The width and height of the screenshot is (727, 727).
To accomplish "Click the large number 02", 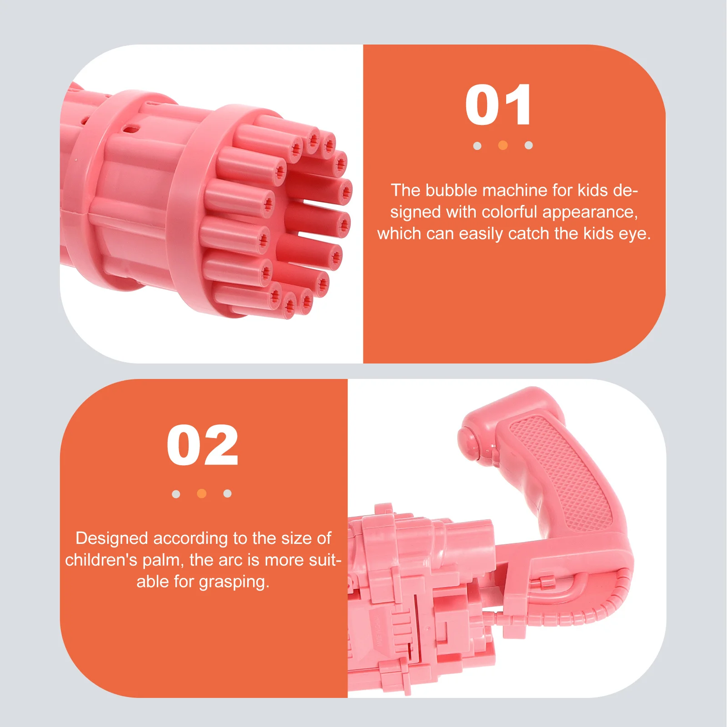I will tap(203, 446).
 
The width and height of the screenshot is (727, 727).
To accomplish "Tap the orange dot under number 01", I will tap(503, 145).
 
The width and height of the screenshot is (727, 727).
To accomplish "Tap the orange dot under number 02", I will tap(202, 494).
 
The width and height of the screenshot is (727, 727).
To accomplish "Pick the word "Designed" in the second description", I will tap(112, 539).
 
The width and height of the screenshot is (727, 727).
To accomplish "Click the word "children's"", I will tap(101, 560).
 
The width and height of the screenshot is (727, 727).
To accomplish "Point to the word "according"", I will tap(190, 539).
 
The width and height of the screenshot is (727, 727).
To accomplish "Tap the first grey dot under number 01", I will tap(477, 146).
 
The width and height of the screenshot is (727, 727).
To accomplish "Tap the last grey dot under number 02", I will tap(228, 494).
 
